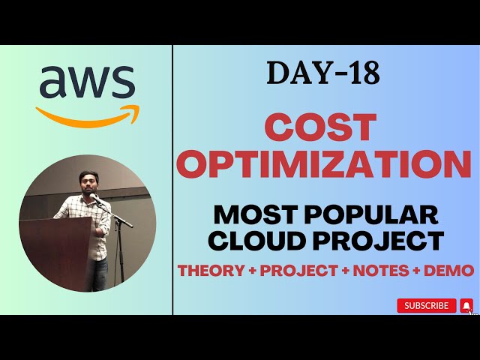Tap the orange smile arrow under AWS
coord(88,115)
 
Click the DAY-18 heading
coord(322,73)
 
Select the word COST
coord(323,127)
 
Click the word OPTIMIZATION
coord(323,163)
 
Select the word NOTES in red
coord(382,271)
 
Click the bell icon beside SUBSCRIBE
coord(466,305)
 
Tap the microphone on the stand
coord(96,199)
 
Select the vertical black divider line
coord(172,180)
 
